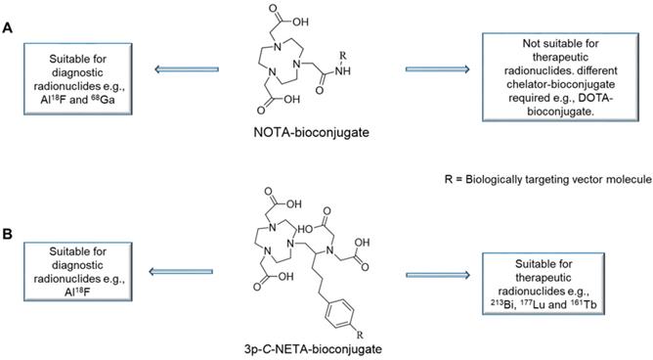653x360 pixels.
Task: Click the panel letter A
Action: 7,28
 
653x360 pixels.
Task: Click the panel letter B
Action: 7,234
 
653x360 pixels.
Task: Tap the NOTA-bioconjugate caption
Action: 311,133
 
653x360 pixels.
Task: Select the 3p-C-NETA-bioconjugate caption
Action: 313,348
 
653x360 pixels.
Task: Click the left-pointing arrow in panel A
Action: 187,69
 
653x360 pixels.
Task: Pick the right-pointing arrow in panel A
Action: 437,69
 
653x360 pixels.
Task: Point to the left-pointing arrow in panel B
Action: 181,272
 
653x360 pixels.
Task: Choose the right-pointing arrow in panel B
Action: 437,275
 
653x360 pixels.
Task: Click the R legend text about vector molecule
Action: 548,180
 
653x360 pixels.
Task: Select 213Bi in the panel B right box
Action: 503,304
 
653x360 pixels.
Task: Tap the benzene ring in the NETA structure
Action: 340,313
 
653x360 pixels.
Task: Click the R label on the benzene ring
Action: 361,335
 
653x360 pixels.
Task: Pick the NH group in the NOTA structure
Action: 343,71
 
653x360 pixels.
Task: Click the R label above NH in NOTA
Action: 343,55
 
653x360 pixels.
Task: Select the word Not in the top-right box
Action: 532,43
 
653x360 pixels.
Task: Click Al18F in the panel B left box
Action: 77,292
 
